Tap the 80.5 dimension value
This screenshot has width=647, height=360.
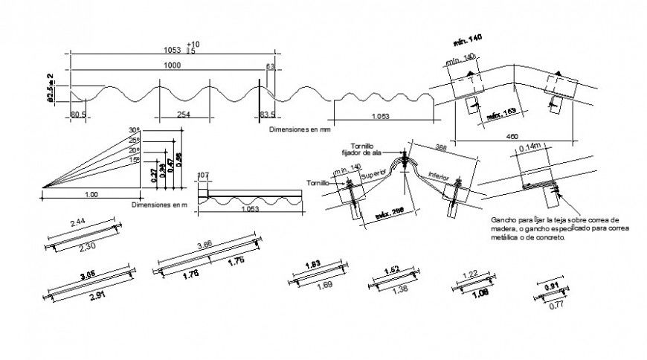click(x=79, y=115)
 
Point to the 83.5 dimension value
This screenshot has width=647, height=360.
click(x=268, y=115)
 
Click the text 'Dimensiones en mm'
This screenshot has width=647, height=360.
click(x=300, y=129)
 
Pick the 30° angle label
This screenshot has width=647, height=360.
click(x=134, y=129)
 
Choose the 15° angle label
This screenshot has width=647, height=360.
click(x=134, y=159)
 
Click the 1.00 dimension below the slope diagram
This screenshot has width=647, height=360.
click(x=90, y=195)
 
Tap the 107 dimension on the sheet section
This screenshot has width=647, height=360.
click(x=203, y=176)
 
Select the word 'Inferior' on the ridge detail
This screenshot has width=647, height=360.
click(x=439, y=178)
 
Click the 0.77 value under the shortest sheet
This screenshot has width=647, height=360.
click(x=553, y=305)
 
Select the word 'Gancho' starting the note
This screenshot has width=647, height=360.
click(x=504, y=221)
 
